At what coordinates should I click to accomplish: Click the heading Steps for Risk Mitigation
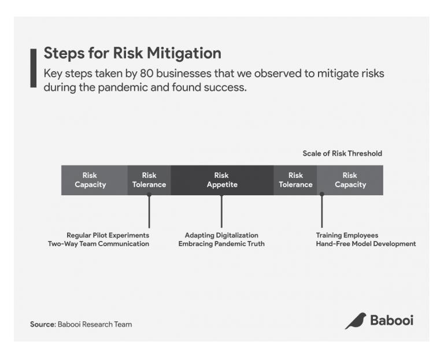(x=132, y=54)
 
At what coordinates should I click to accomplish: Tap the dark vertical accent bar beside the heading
(x=33, y=68)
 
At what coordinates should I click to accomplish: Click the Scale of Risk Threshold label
(x=342, y=154)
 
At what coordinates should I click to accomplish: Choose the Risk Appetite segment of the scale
(x=222, y=180)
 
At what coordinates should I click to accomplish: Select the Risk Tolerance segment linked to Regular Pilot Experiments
(x=149, y=180)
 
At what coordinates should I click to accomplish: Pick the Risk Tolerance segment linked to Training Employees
(x=295, y=180)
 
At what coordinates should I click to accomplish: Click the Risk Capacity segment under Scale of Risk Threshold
(x=350, y=180)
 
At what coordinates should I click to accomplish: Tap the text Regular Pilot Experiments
(x=108, y=235)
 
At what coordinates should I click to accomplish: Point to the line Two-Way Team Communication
(x=98, y=244)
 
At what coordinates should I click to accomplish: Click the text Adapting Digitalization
(x=221, y=235)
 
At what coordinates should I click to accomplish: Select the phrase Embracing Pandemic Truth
(x=221, y=244)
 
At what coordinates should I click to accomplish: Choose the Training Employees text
(x=347, y=235)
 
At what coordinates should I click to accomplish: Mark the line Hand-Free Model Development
(x=365, y=244)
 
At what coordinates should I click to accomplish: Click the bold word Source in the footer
(x=42, y=324)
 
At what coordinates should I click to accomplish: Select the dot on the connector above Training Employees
(x=322, y=195)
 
